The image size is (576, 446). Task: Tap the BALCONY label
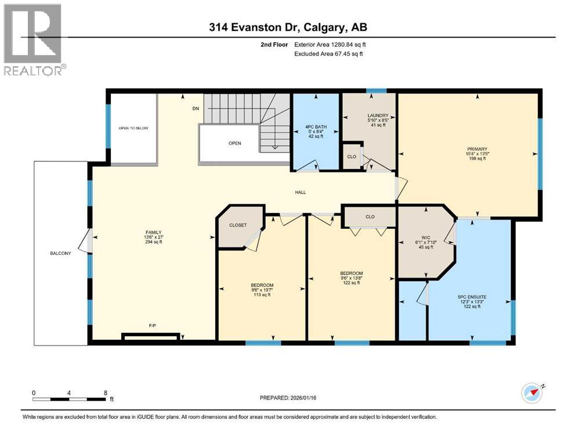pos(60,253)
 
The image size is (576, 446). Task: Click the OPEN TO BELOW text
pos(133,128)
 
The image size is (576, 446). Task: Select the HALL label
pos(300,192)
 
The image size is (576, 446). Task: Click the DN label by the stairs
pos(195,108)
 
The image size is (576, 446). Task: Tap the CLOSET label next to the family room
pos(238,225)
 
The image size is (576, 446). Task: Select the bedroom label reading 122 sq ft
pos(352,278)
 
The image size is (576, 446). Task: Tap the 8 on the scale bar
pos(105,393)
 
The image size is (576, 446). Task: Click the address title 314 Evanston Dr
pos(288,27)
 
